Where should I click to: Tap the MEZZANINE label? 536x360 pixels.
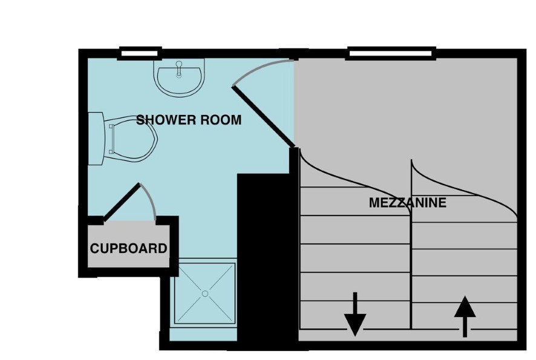tap(408, 203)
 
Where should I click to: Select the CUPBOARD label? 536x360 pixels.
tap(128, 248)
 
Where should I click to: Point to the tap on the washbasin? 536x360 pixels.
tap(179, 69)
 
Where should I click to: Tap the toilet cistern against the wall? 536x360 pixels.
tap(96, 139)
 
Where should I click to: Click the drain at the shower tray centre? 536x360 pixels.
tap(205, 293)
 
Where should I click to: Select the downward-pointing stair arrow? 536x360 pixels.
tap(355, 314)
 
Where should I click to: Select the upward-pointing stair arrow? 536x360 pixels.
tap(465, 316)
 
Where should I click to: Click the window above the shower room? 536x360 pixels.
tap(140, 54)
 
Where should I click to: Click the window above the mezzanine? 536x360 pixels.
tap(391, 54)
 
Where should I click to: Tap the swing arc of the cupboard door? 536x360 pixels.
tap(149, 200)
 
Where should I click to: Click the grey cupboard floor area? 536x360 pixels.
tap(128, 244)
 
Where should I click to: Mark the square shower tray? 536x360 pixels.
tap(205, 293)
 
